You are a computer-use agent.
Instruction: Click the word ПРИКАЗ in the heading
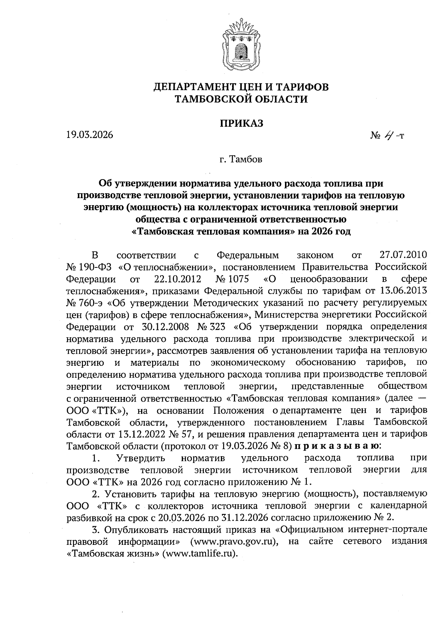[x=241, y=123]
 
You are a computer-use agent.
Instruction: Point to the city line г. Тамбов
[x=241, y=160]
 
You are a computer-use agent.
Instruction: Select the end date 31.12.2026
[x=241, y=517]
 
